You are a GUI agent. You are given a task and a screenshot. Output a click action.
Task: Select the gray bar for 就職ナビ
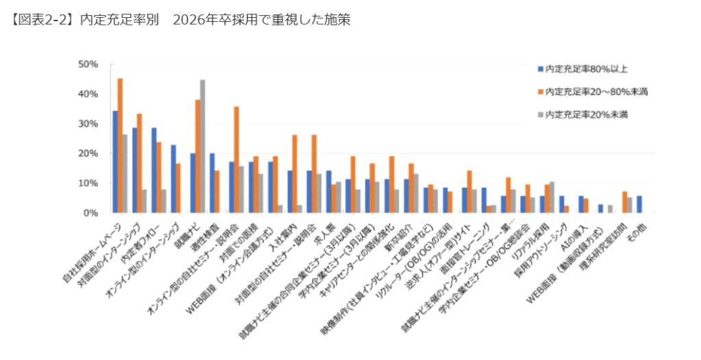pyautogui.click(x=203, y=146)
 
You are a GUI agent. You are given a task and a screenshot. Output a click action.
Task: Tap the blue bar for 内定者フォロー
pyautogui.click(x=154, y=170)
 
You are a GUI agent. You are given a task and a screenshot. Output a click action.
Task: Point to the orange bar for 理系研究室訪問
pyautogui.click(x=624, y=203)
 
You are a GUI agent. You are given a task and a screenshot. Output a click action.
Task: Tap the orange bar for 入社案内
pyautogui.click(x=295, y=174)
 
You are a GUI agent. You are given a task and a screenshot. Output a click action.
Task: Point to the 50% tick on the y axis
pyautogui.click(x=90, y=64)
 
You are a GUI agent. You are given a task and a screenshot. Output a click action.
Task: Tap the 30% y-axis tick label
pyautogui.click(x=90, y=124)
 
